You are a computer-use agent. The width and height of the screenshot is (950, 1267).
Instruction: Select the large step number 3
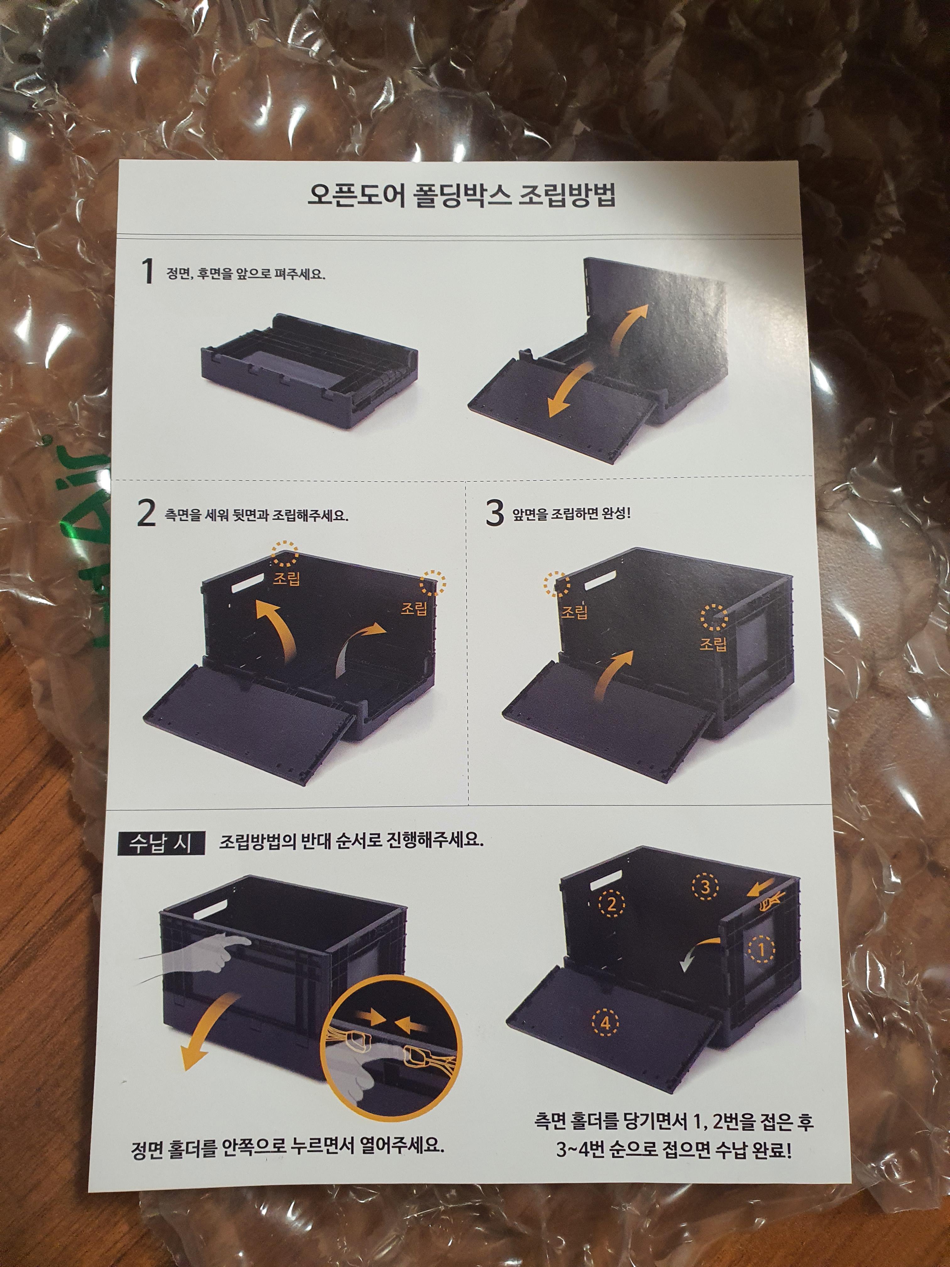point(494,512)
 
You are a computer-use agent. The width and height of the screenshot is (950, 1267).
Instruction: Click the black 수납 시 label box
point(161,843)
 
